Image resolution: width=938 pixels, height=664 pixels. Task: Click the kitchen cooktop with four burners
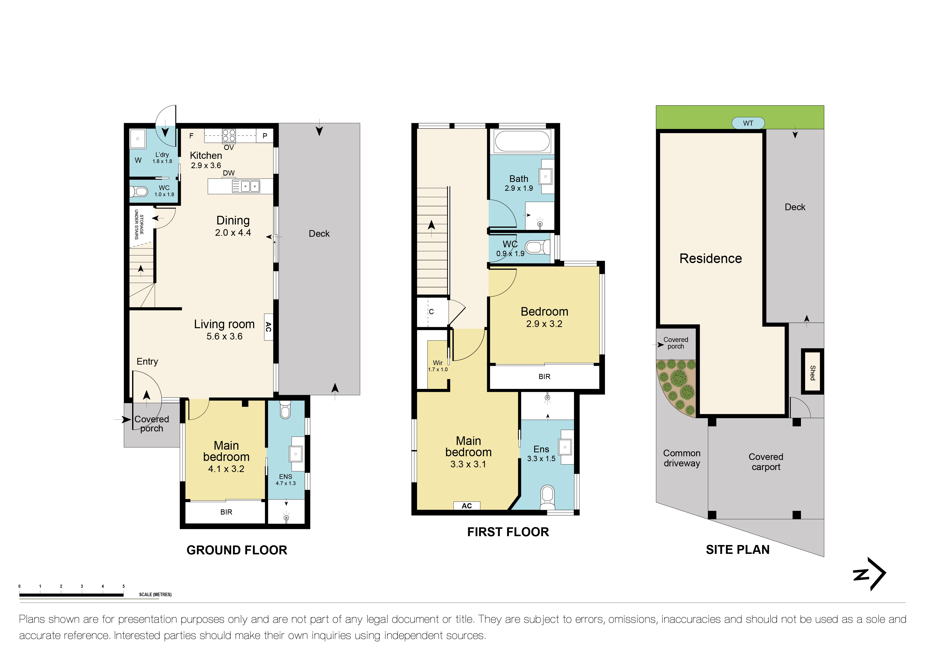coord(229,135)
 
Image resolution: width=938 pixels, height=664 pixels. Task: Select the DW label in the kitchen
coord(229,173)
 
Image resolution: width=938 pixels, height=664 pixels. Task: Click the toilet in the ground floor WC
coord(139,191)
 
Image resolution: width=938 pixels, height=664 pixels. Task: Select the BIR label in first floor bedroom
coord(544,377)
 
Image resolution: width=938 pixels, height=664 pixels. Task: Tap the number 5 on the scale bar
coord(123,586)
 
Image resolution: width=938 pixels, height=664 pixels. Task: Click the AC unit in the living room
coord(268,327)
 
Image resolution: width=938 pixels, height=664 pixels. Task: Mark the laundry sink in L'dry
coord(138,139)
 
